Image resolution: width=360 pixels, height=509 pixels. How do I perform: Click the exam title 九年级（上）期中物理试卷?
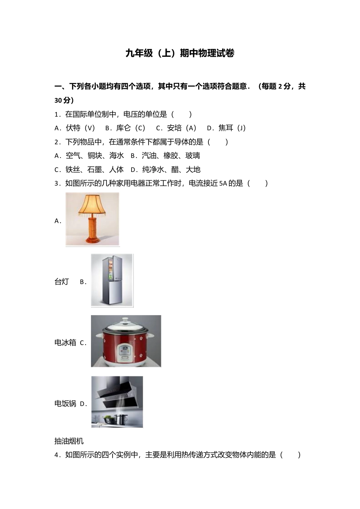[x=180, y=53]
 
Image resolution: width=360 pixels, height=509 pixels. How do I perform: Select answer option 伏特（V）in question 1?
[x=80, y=128]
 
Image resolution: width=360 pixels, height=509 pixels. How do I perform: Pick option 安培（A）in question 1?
[x=181, y=128]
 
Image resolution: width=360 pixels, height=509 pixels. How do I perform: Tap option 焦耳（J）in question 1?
[x=232, y=128]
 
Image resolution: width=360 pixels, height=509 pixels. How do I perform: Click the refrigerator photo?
[x=112, y=280]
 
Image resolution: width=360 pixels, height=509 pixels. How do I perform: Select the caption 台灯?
[x=62, y=282]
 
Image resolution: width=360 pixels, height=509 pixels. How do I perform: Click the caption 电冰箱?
[x=65, y=343]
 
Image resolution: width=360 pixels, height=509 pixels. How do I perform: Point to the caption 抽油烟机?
[x=69, y=441]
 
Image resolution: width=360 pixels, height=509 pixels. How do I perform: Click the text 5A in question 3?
[x=223, y=184]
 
